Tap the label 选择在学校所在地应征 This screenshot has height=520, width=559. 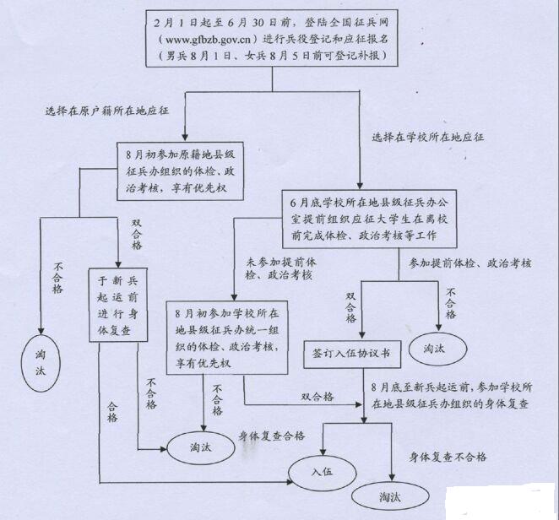click(427, 136)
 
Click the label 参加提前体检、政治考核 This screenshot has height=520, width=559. click(469, 263)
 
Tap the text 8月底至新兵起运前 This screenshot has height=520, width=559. click(409, 386)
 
